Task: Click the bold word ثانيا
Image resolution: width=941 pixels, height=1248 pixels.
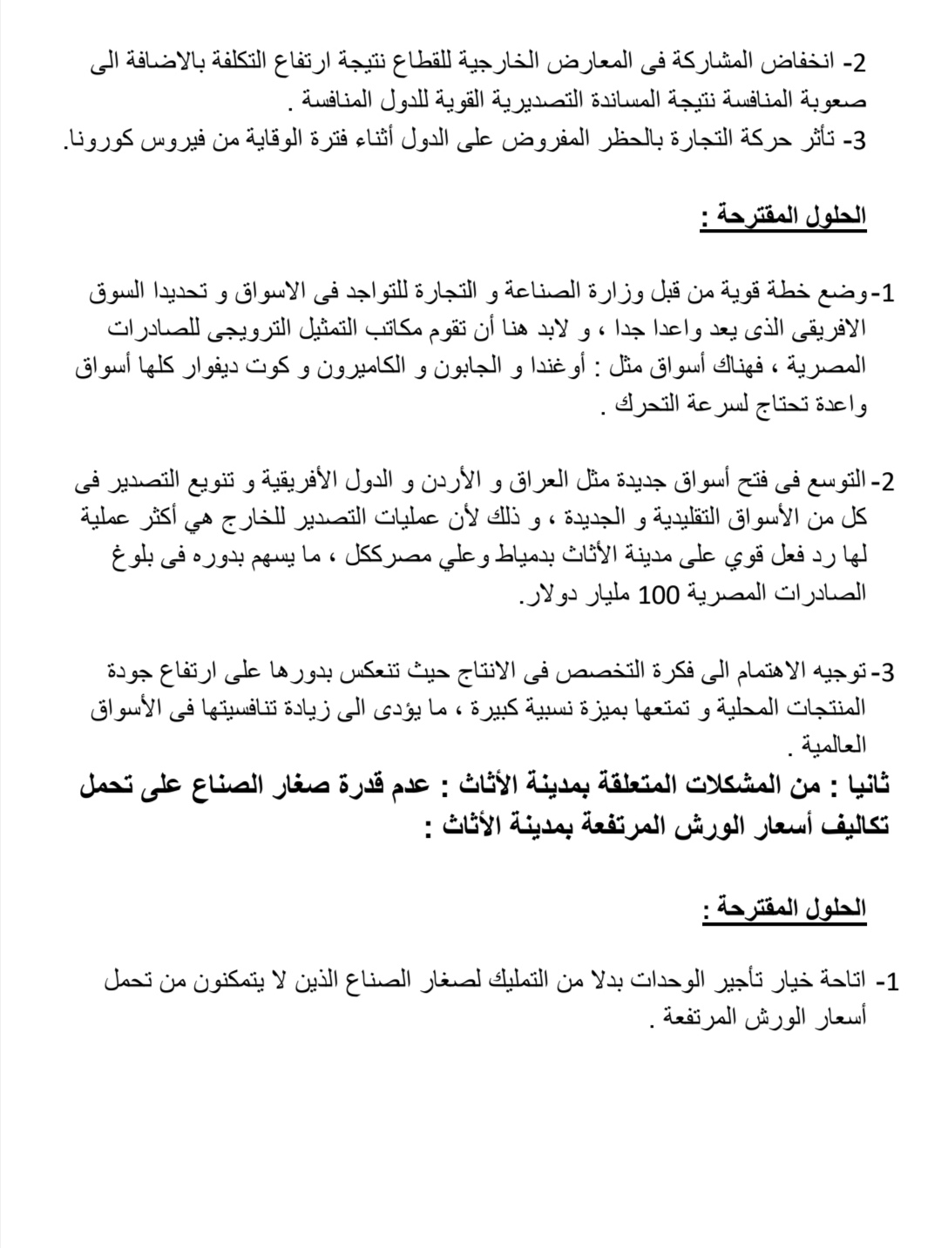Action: (859, 786)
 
